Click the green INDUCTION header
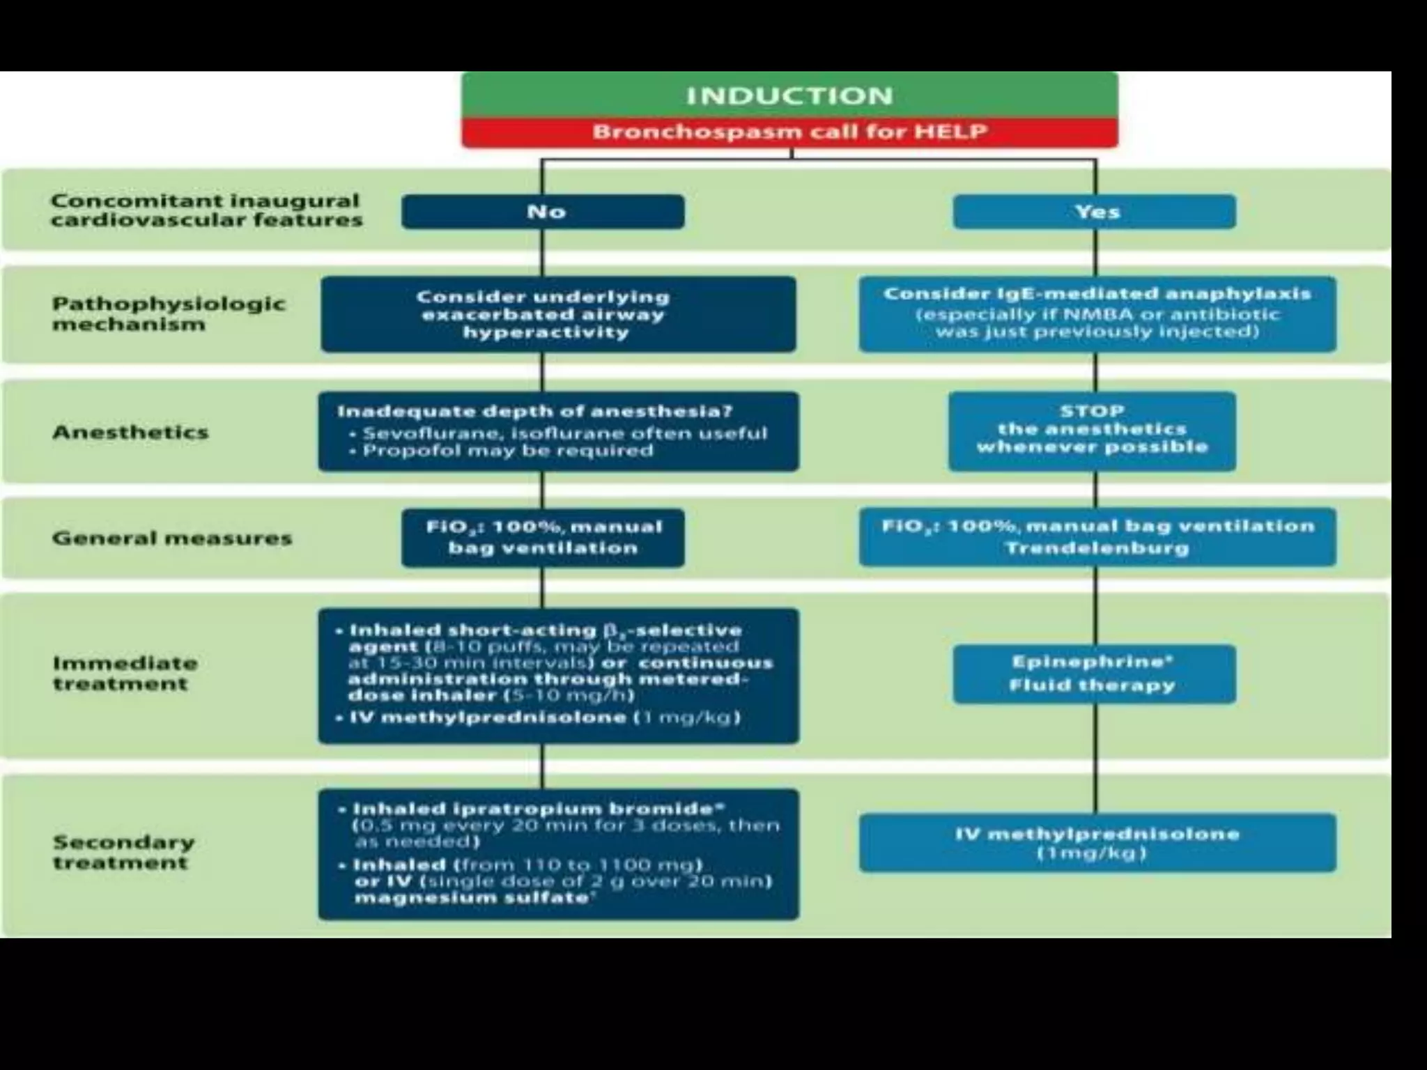(789, 95)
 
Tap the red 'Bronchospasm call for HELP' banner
(789, 132)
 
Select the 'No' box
(543, 212)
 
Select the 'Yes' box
(1095, 212)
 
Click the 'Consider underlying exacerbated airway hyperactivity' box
(558, 314)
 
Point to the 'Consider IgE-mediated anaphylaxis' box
(1097, 313)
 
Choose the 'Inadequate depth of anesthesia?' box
(558, 431)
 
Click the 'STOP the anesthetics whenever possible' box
(1092, 431)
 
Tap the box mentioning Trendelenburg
(1097, 536)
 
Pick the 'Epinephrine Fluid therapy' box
(1094, 674)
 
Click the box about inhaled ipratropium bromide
(558, 854)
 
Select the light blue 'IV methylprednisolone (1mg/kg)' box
(1097, 843)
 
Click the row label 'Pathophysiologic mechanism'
(168, 313)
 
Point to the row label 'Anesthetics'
(130, 433)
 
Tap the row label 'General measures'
(171, 538)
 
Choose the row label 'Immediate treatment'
(125, 673)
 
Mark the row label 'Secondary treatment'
(124, 852)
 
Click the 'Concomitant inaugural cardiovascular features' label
(206, 210)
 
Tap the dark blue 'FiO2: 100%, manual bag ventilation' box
(543, 537)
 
